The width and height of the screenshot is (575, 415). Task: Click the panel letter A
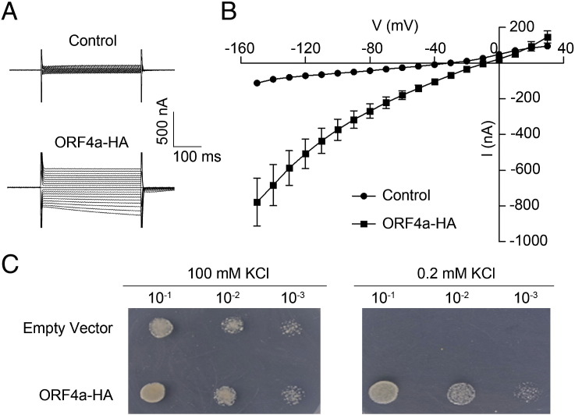pyautogui.click(x=10, y=11)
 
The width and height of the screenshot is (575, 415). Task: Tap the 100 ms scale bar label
pyautogui.click(x=197, y=156)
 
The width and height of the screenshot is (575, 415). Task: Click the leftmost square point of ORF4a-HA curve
pyautogui.click(x=257, y=203)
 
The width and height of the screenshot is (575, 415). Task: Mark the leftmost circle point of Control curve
pyautogui.click(x=257, y=83)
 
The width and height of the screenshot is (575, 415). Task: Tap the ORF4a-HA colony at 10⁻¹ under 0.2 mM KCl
pyautogui.click(x=385, y=388)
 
